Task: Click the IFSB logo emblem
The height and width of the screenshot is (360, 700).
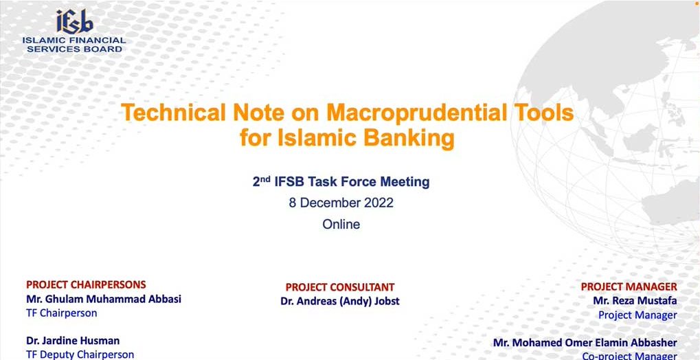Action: coord(75,21)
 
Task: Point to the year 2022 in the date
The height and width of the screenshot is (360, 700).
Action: coord(379,203)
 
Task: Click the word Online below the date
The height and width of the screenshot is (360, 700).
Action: coord(341,224)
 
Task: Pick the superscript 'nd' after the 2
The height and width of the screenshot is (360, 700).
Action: coord(266,179)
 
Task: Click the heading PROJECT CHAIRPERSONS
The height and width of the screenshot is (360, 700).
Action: coord(86,284)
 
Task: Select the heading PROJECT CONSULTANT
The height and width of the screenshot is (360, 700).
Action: coord(340,287)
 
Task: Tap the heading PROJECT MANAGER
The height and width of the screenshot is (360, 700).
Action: coord(629,286)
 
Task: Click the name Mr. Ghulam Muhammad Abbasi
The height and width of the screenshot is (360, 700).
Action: coord(104,299)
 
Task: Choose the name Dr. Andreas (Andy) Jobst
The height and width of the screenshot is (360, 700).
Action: coord(340,302)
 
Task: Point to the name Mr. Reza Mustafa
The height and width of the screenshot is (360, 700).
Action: coord(635,301)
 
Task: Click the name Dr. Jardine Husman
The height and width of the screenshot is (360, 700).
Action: coord(73,341)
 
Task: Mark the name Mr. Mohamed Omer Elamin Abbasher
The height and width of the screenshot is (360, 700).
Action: coord(585,343)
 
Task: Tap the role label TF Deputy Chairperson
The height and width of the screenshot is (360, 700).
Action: coord(80,355)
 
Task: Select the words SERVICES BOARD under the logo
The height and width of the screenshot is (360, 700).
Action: coord(75,49)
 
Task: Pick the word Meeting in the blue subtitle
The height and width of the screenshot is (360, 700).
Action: coord(405,182)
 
